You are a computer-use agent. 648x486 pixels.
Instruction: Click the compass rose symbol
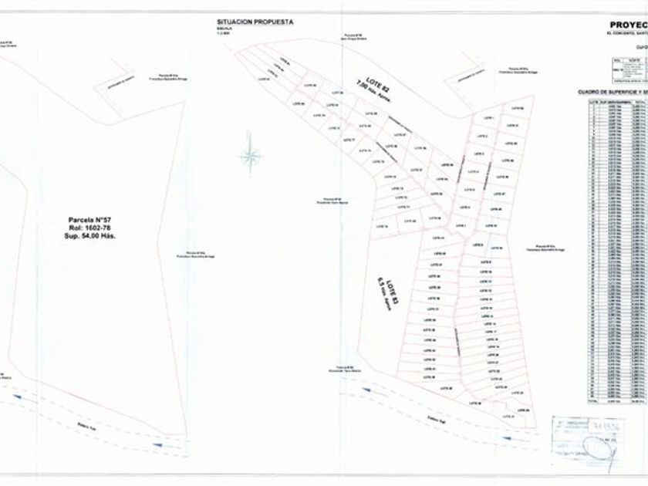[x=250, y=157]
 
